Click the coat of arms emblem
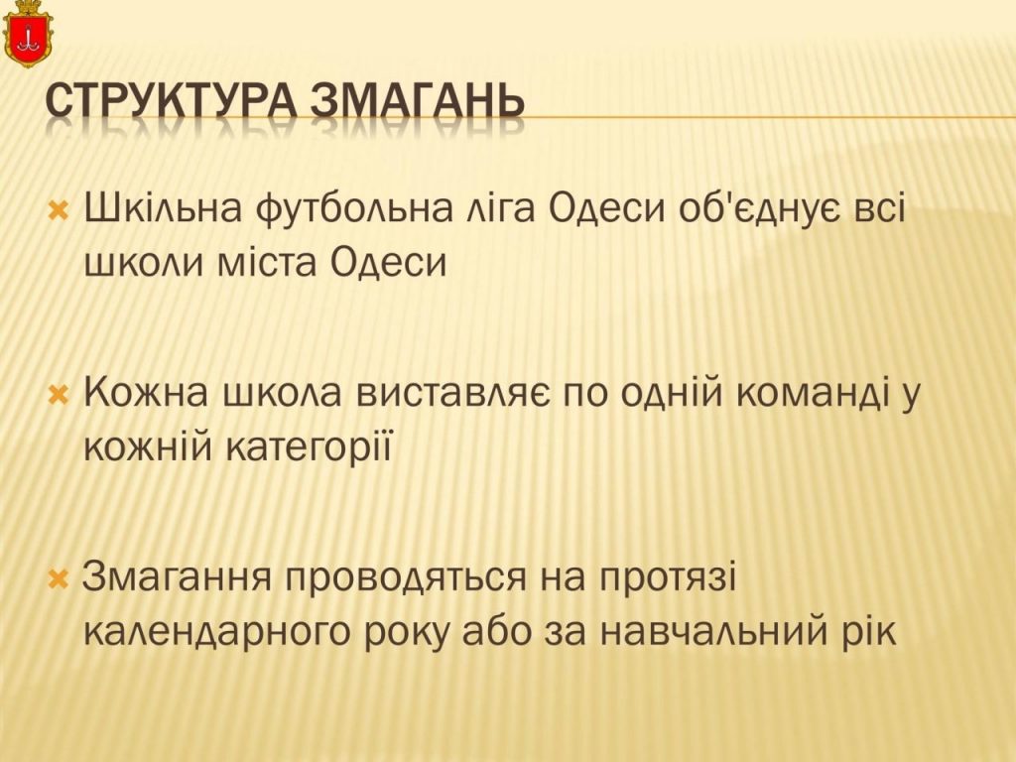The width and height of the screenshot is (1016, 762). click(x=27, y=34)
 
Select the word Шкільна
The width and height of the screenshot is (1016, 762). click(x=164, y=208)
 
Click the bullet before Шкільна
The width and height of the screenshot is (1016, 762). click(x=59, y=210)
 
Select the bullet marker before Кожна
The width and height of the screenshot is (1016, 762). click(x=59, y=394)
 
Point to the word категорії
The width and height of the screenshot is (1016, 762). click(x=310, y=448)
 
